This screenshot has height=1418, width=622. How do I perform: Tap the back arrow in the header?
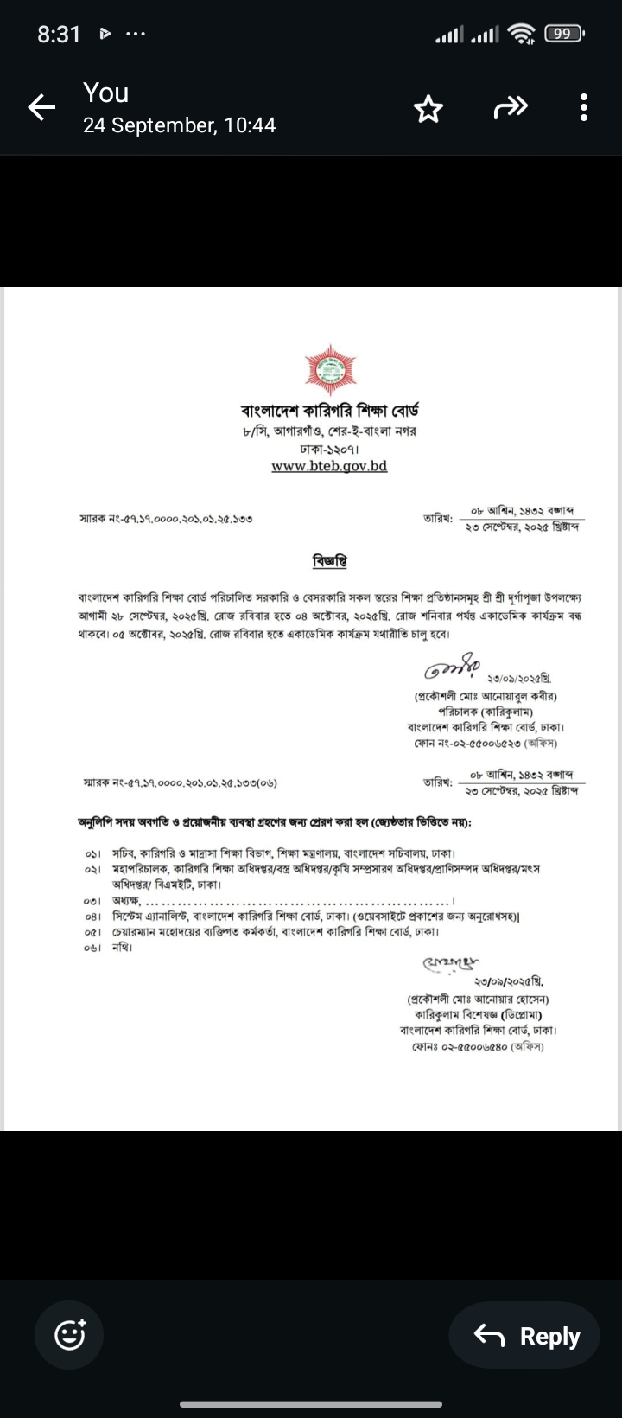41,107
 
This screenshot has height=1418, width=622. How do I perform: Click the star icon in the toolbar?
428,109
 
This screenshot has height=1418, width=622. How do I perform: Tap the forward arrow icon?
510,108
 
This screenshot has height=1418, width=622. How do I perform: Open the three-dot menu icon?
584,107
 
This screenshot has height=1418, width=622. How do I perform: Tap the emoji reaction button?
69,1336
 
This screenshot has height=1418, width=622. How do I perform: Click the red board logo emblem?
330,370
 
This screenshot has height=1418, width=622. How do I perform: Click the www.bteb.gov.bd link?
329,466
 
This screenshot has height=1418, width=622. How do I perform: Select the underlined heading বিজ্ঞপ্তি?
329,561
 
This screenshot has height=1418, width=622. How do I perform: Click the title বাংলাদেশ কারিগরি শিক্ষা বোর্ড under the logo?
329,410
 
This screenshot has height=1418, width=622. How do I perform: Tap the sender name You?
105,93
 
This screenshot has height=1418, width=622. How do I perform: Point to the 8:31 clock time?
59,35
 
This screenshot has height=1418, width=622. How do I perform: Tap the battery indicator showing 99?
563,34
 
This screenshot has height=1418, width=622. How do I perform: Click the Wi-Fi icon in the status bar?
521,34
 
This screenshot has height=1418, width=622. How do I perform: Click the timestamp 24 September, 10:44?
179,125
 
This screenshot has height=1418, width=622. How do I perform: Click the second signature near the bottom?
449,963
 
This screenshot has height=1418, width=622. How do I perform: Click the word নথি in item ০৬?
121,947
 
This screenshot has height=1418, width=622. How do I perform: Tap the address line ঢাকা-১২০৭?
329,449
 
